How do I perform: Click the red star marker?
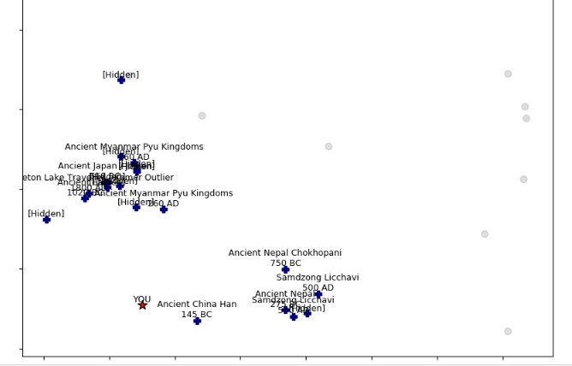[142, 305]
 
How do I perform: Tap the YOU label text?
[142, 299]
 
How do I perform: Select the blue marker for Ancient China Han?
[197, 321]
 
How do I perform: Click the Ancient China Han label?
[197, 304]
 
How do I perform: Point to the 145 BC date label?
[197, 315]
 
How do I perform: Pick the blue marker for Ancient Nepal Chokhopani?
[285, 269]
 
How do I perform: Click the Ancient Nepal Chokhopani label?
[285, 253]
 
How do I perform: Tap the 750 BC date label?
[285, 263]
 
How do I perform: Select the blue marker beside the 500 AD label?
[318, 294]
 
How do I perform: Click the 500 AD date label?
[318, 288]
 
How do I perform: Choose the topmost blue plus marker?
[121, 80]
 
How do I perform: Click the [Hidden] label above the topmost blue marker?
[121, 74]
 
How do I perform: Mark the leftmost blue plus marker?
[46, 220]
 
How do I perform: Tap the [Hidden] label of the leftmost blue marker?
[46, 214]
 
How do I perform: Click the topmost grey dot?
[508, 74]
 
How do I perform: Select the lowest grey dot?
[508, 331]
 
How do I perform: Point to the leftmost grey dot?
[202, 115]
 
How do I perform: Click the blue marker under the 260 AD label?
[164, 210]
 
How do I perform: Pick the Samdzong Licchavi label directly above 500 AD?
[318, 278]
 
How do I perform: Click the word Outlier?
[156, 178]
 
